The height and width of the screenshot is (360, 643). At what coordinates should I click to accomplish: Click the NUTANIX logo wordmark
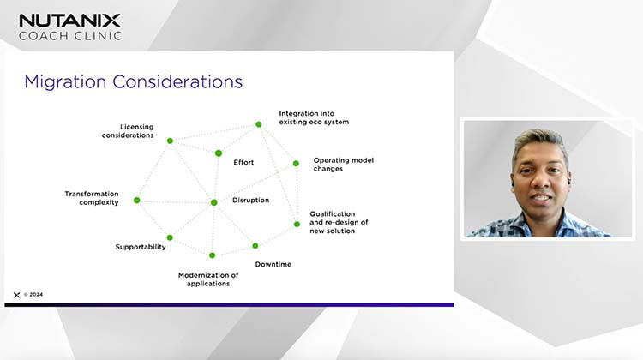click(x=70, y=20)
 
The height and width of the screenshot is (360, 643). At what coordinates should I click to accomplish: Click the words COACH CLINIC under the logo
click(x=70, y=36)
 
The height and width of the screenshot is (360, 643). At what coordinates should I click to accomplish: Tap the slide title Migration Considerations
click(x=133, y=82)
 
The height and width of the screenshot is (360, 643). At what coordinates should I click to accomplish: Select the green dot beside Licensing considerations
click(x=170, y=141)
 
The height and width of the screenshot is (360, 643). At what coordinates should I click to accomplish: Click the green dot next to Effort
click(x=219, y=153)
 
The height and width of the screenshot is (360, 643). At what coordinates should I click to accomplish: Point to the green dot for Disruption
click(x=213, y=202)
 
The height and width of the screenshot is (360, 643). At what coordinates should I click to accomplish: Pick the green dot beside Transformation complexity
click(x=136, y=201)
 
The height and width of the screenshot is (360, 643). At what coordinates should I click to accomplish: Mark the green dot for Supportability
click(x=170, y=237)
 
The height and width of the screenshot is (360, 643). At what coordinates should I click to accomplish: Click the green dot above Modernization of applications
click(x=212, y=255)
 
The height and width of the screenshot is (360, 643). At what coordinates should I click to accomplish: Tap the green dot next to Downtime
click(x=255, y=246)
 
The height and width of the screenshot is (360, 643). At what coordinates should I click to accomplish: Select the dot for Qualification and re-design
click(x=297, y=225)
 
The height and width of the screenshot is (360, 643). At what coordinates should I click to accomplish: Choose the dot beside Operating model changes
click(x=296, y=164)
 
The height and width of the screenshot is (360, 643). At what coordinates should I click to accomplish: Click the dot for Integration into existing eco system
click(x=258, y=124)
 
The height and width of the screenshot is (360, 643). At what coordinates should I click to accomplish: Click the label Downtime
click(x=273, y=264)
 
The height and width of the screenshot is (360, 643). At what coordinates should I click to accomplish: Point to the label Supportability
click(x=141, y=247)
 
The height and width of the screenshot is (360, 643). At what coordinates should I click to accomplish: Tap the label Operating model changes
click(x=343, y=165)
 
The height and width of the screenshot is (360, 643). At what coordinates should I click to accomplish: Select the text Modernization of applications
click(x=208, y=279)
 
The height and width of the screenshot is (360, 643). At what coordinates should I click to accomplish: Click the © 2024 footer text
click(x=33, y=294)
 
